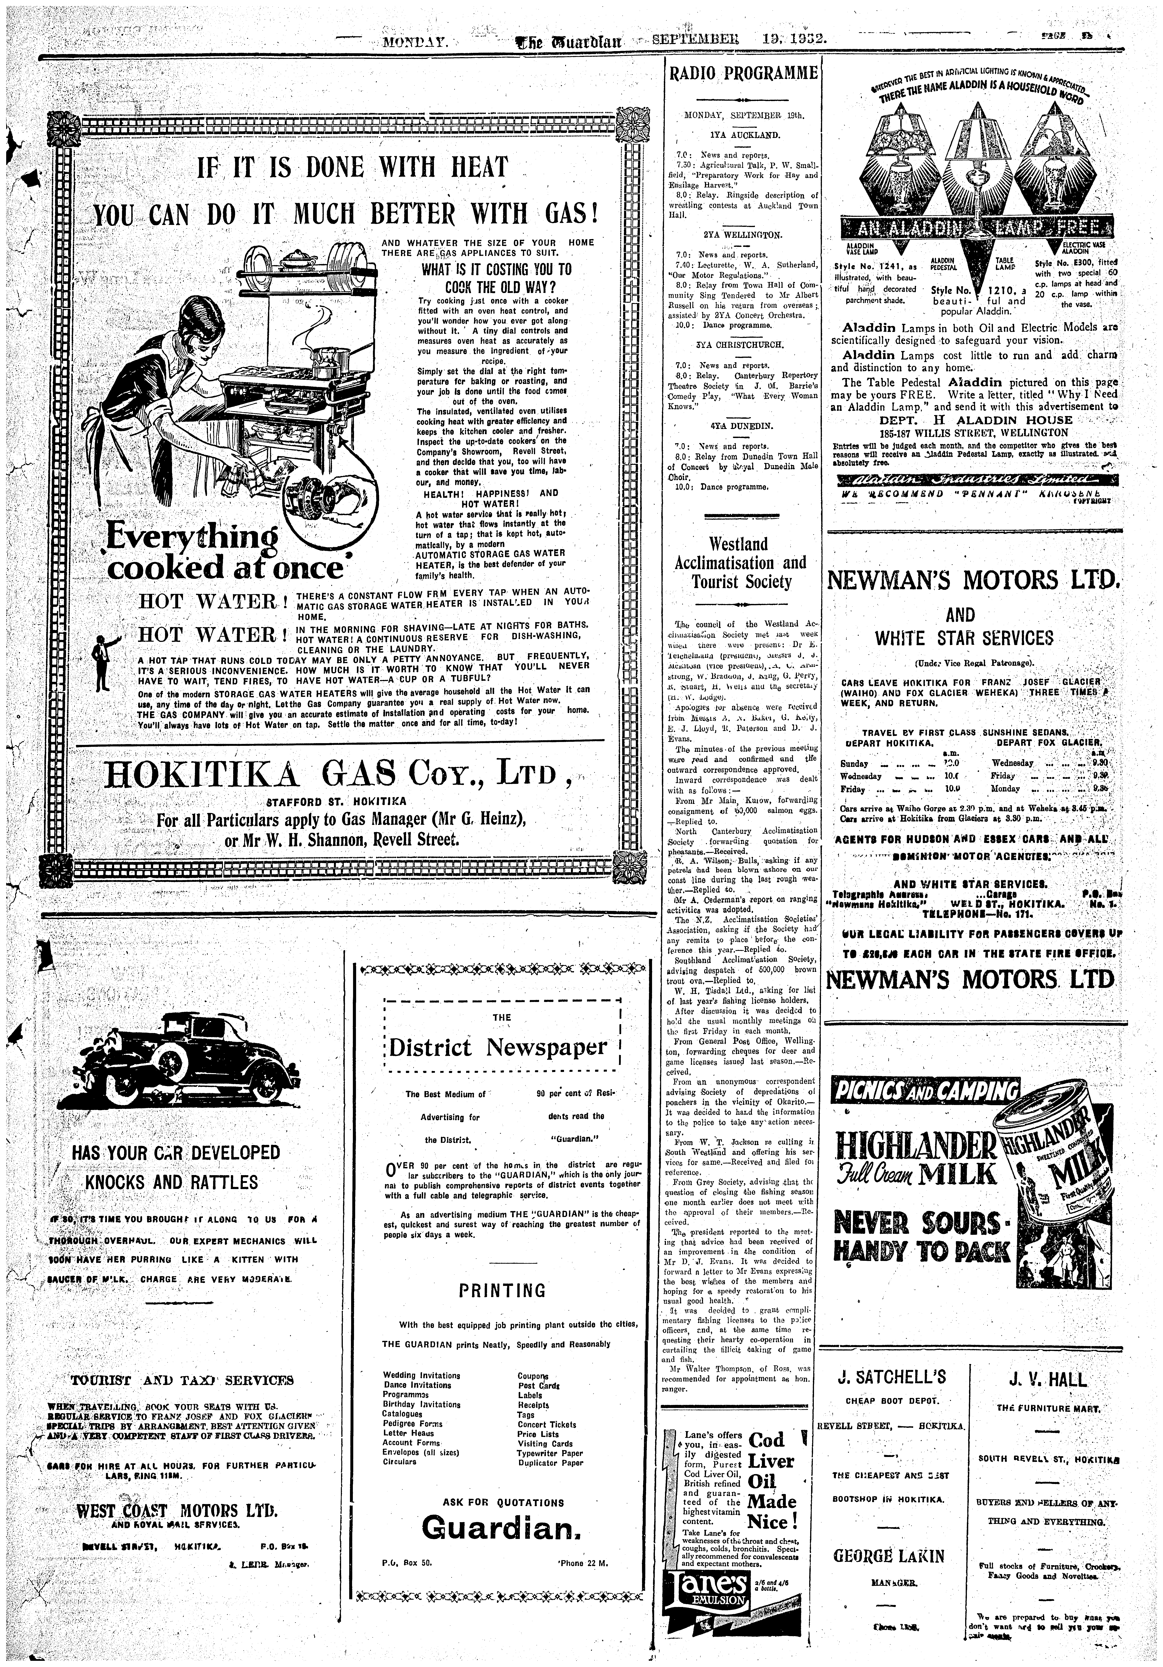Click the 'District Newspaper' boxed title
point(498,1047)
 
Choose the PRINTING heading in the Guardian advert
point(502,1291)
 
